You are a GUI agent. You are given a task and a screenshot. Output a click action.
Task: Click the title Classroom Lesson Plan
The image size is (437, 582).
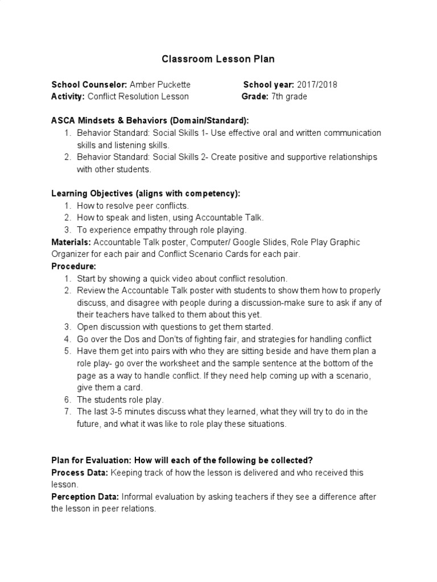tap(218, 59)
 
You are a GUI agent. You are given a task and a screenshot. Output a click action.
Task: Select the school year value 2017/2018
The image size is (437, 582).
tap(317, 85)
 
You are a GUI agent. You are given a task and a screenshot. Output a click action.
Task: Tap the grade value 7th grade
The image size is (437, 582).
tap(288, 97)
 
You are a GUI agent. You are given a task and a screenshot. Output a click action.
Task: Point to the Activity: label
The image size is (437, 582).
tap(68, 97)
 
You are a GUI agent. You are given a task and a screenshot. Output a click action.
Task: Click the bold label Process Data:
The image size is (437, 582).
tap(80, 473)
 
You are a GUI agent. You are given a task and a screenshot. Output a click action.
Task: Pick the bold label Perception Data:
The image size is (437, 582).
tap(85, 497)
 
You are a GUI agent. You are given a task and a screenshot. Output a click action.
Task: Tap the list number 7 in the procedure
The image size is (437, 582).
tap(67, 411)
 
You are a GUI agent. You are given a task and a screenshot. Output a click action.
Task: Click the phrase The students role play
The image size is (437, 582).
tap(120, 400)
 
